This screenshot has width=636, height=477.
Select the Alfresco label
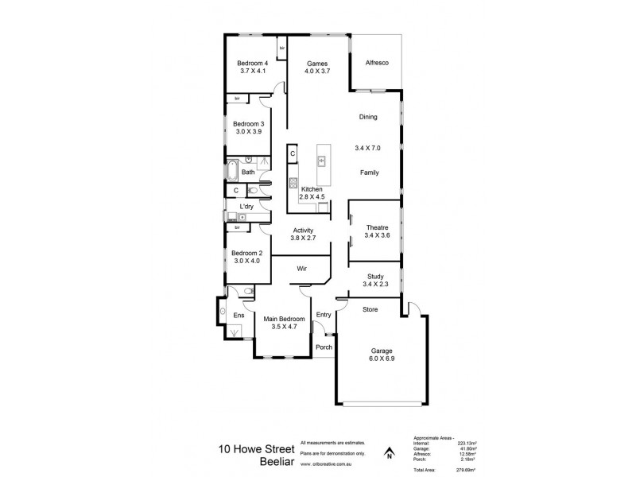pos(376,63)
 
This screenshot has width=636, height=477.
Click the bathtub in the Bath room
pos(232,171)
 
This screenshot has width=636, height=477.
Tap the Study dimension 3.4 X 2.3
pos(376,285)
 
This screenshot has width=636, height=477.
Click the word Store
pos(370,309)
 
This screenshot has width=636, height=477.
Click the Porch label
pos(324,347)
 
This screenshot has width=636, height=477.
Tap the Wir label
pos(302,270)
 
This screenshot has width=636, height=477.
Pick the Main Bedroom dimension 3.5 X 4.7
pos(284,327)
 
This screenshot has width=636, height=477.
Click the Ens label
pos(238,316)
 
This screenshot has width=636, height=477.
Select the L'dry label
pos(246,207)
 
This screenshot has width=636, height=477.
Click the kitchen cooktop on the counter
pos(293,182)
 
